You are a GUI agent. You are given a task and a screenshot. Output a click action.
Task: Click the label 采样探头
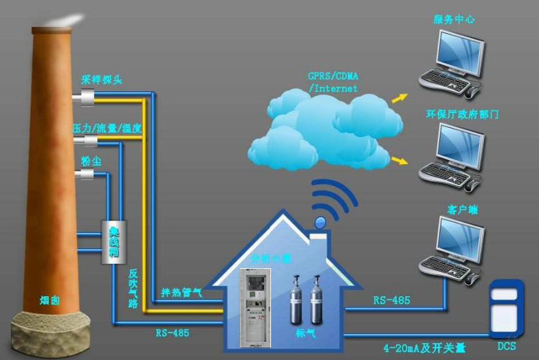[101, 80]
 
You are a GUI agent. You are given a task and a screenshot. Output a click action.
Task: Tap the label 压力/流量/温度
[107, 127]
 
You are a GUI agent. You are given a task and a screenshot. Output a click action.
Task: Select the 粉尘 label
[91, 161]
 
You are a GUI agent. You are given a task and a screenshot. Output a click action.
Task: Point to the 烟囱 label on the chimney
[49, 301]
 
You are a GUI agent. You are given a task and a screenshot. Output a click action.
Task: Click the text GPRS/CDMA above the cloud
[334, 76]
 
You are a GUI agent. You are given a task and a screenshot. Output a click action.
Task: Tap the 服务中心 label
[454, 19]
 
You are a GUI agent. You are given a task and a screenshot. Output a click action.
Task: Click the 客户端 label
[463, 209]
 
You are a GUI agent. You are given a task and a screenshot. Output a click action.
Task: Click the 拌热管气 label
[182, 292]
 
